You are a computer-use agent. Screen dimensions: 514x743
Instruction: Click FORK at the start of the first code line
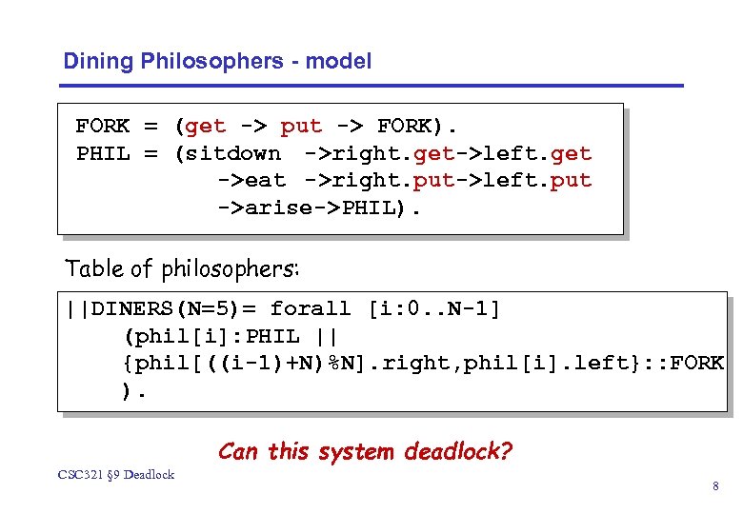click(103, 127)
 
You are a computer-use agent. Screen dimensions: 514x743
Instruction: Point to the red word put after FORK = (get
click(301, 127)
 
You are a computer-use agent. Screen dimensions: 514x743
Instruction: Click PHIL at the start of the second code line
click(103, 153)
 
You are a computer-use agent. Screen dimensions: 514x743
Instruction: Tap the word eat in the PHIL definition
click(266, 180)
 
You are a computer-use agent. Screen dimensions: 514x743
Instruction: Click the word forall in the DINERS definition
click(311, 309)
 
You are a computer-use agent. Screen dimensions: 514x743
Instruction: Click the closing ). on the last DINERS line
click(134, 389)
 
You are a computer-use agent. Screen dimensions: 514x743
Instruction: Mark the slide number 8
click(715, 487)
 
